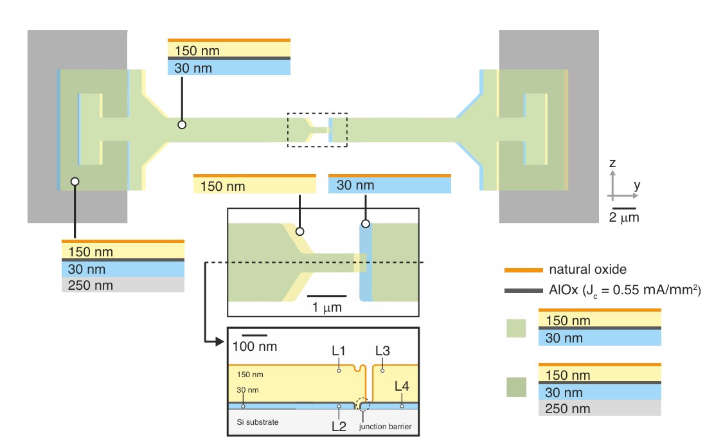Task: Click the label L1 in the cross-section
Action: click(x=339, y=351)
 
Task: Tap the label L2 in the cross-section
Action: click(x=339, y=425)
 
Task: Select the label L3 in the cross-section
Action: click(x=382, y=351)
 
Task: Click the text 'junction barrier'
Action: click(x=384, y=426)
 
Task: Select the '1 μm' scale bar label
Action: click(x=326, y=307)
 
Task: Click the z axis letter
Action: click(x=612, y=163)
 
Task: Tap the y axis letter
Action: click(x=637, y=185)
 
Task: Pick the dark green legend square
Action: click(x=515, y=387)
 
